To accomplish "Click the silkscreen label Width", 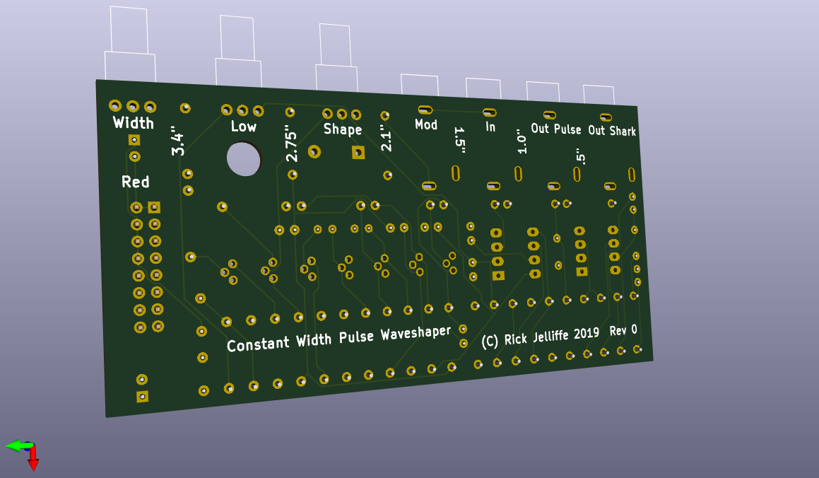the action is click(133, 123).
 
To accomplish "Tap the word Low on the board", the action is click(243, 127).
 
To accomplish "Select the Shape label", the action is click(343, 129).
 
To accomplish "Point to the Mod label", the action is click(426, 124).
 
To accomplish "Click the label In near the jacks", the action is click(490, 127).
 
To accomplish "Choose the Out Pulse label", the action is click(555, 129).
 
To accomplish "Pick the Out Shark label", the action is click(612, 131).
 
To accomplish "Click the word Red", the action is click(135, 182).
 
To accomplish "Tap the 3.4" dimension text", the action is click(177, 141).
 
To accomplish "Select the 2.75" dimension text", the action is click(291, 143).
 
